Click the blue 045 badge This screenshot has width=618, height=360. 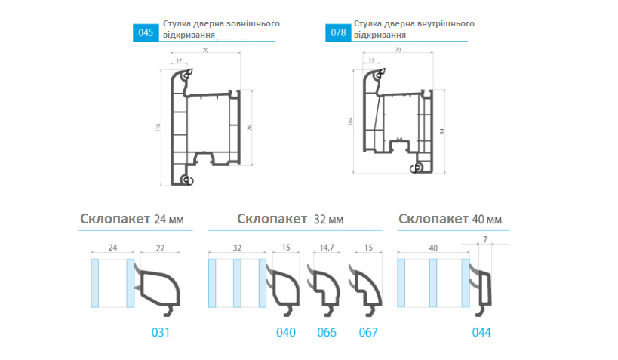point(146,32)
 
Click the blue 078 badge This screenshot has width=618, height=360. point(338,32)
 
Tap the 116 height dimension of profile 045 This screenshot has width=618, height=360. point(158,128)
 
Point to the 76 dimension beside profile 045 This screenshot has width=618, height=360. point(249,128)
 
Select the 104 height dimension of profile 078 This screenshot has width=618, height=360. point(350,121)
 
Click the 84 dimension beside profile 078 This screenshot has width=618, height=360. point(442,131)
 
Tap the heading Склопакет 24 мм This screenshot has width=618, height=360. point(131,219)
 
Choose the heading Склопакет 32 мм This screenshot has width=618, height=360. point(290,219)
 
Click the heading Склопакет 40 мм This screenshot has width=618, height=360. point(450,219)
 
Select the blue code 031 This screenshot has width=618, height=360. point(161,332)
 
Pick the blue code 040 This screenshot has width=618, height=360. point(286,332)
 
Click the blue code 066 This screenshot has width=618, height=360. point(327,332)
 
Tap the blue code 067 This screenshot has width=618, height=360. point(368,332)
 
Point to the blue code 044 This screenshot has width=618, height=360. point(481,332)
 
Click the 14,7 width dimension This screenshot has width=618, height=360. point(327,248)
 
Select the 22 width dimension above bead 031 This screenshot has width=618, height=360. point(160,248)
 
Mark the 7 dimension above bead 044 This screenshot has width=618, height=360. point(485,240)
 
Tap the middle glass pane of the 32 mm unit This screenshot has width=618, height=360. point(237,283)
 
